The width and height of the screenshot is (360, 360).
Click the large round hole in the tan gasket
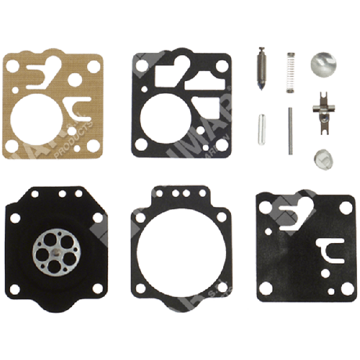coord(39,116)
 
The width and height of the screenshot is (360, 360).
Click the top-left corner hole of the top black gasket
coord(140,62)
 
